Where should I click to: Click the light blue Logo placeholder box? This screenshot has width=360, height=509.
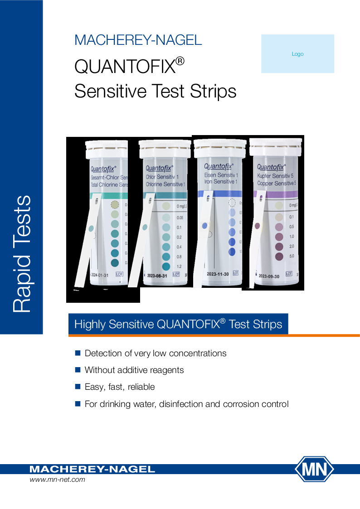point(297,54)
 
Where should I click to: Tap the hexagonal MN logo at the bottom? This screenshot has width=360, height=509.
point(315,469)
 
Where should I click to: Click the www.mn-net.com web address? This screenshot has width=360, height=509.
point(57,480)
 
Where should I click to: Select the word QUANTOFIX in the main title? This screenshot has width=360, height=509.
point(125,67)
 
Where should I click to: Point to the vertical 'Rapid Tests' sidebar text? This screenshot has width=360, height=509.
point(22,254)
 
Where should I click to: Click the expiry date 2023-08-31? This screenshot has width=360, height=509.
point(157,275)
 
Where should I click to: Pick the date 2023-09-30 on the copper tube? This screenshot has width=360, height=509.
point(269,275)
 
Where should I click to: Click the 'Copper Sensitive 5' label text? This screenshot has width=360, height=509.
point(277,184)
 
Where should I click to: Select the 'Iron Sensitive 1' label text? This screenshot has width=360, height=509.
point(221,181)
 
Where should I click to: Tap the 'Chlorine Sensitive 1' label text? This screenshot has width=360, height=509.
point(165,184)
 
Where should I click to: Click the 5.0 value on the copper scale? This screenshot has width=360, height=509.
point(292,257)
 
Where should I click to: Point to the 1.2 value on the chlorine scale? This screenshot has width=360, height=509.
point(179,267)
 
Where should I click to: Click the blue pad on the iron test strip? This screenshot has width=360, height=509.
point(205,225)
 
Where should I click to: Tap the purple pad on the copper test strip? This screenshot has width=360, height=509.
point(258,225)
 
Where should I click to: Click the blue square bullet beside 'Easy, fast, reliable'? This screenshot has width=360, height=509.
point(77,387)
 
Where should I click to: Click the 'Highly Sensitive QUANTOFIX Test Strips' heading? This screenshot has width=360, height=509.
point(178,324)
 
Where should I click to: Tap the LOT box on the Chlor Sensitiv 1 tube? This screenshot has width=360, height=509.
point(176,274)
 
